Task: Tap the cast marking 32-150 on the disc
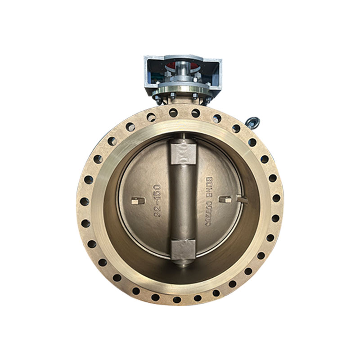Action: point(157,201)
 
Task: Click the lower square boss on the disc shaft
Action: point(183,249)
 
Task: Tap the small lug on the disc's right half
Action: point(226,198)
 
